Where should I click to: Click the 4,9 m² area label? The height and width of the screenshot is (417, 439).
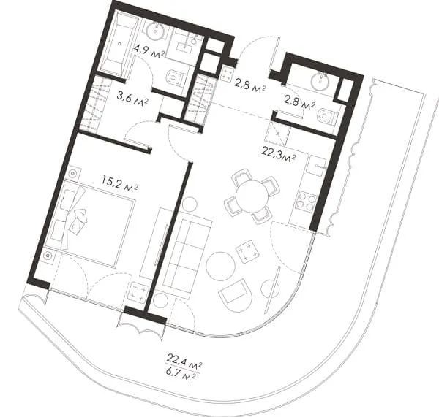point(149,52)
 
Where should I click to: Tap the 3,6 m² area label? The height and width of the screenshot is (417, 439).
point(132,99)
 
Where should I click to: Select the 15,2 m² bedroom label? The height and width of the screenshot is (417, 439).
point(119,185)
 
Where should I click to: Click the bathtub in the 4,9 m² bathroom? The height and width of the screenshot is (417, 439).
point(119,45)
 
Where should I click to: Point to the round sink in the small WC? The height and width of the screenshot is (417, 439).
point(320,80)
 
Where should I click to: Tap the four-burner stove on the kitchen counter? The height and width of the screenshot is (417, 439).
point(304,202)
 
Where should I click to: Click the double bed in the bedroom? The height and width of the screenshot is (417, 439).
point(91,223)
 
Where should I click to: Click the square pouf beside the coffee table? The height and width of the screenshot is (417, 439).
point(247,251)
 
